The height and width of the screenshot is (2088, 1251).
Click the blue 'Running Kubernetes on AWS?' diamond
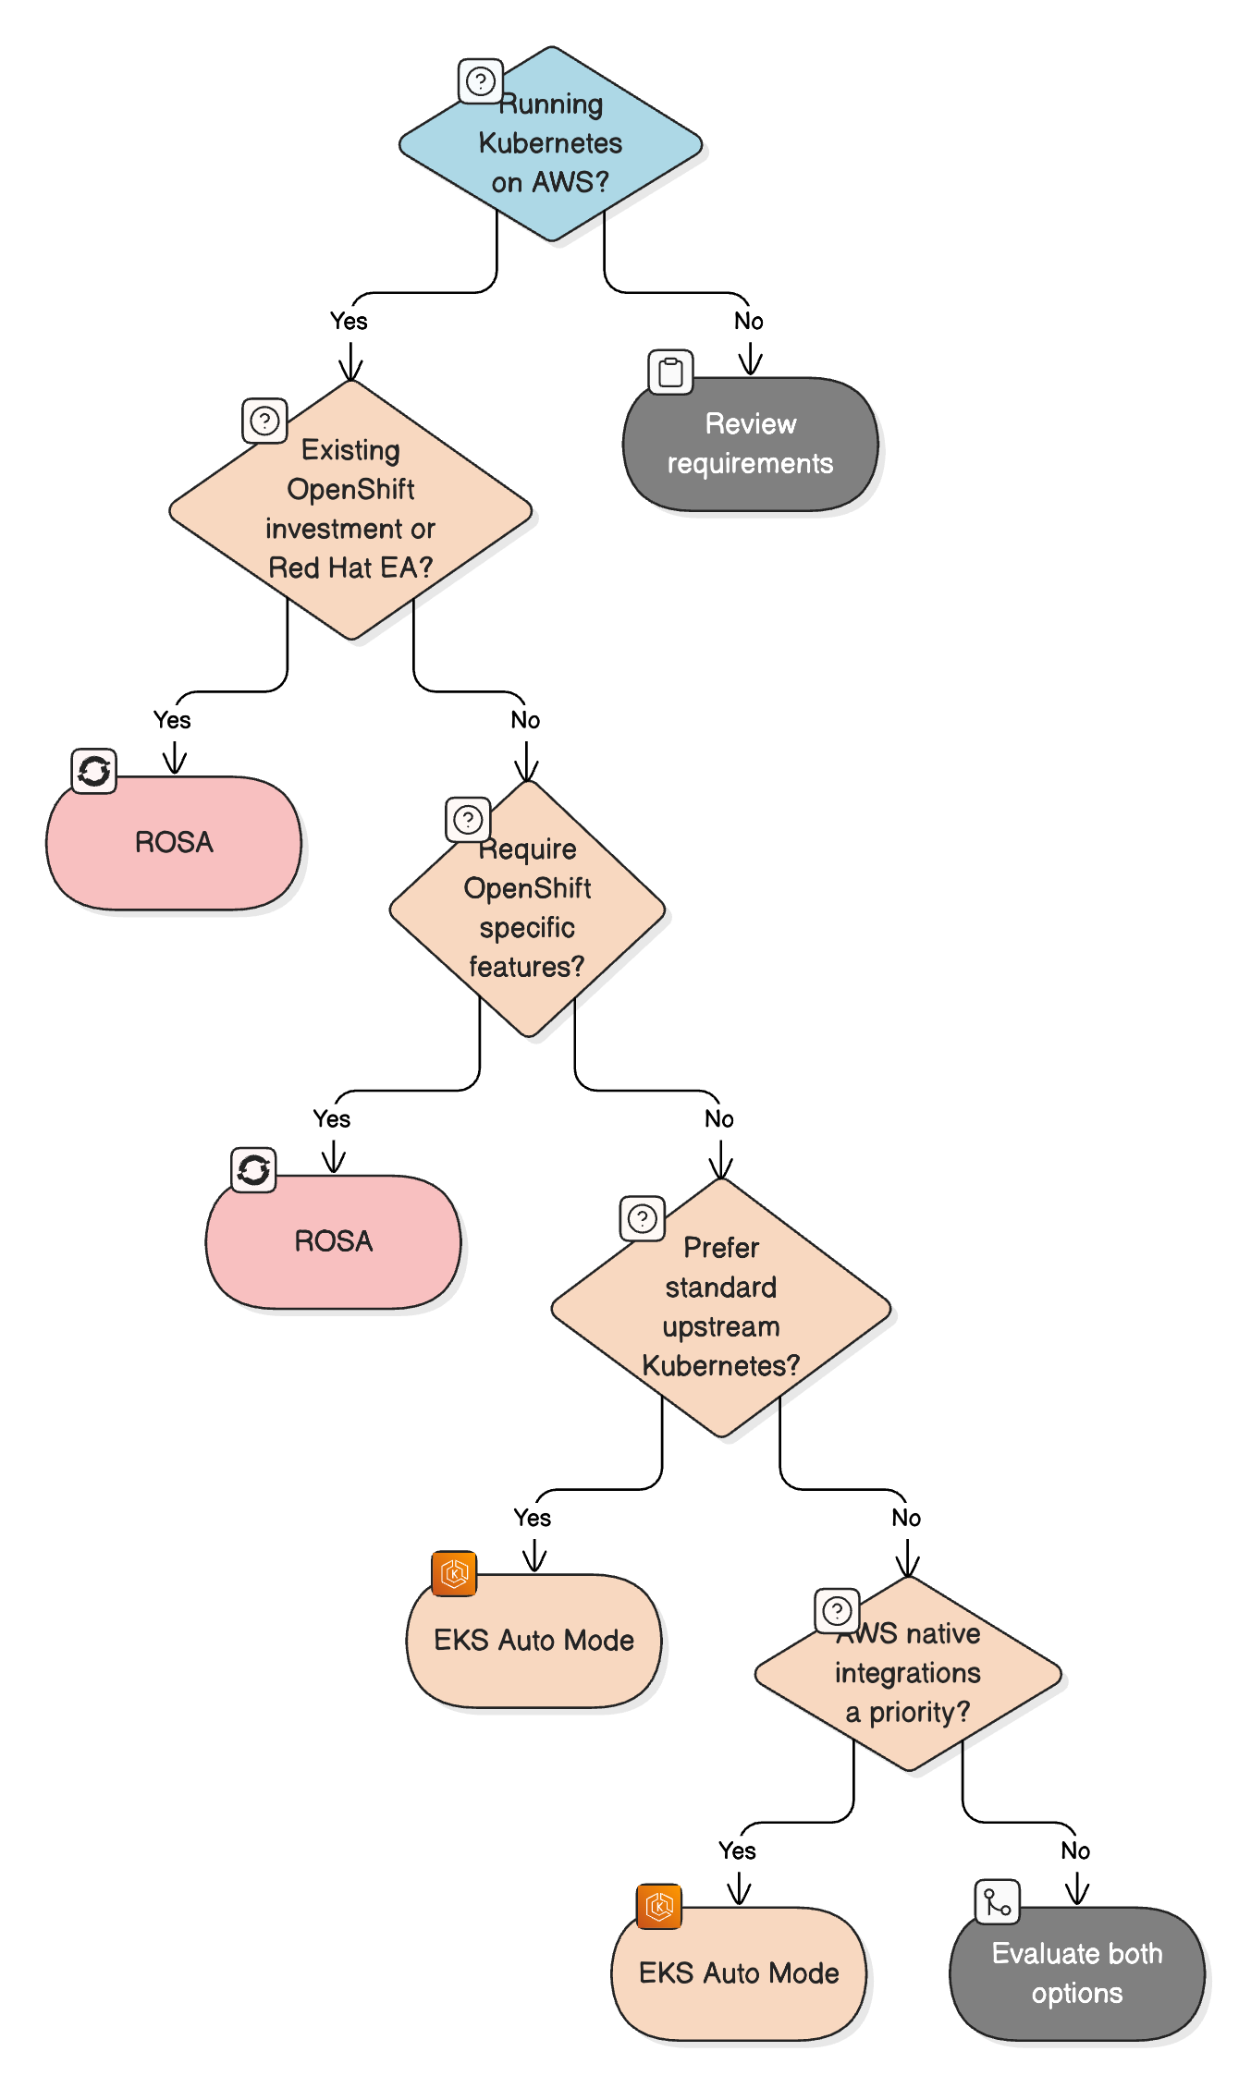click(550, 144)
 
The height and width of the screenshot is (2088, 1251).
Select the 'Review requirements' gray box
click(750, 444)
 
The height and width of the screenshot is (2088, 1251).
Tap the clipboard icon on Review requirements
click(670, 372)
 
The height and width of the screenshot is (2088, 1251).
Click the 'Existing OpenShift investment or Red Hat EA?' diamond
click(350, 509)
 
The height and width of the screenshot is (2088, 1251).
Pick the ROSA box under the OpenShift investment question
click(174, 842)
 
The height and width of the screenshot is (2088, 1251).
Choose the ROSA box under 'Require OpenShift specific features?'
click(333, 1241)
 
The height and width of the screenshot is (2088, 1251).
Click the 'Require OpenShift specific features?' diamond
click(527, 909)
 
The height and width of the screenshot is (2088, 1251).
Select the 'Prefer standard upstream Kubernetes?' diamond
click(720, 1307)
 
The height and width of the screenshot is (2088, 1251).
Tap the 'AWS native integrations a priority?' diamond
click(907, 1673)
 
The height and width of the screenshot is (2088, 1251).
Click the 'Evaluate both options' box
click(1077, 1973)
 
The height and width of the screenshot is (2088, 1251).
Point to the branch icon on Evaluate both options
click(997, 1901)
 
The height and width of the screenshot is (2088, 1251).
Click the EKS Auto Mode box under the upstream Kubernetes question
click(534, 1641)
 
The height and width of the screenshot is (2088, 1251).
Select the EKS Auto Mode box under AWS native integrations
click(739, 1973)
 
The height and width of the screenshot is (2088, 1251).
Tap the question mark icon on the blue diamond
click(481, 81)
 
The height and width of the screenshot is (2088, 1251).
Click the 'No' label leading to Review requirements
click(749, 322)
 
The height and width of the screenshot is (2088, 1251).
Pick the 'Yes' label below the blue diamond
click(349, 322)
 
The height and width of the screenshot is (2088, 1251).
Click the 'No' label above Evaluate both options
click(1075, 1851)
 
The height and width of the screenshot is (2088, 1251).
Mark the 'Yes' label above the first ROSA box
click(172, 720)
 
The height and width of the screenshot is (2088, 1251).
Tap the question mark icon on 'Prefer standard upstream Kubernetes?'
click(643, 1218)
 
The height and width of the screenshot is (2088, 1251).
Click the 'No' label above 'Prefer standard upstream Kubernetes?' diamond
click(719, 1119)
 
